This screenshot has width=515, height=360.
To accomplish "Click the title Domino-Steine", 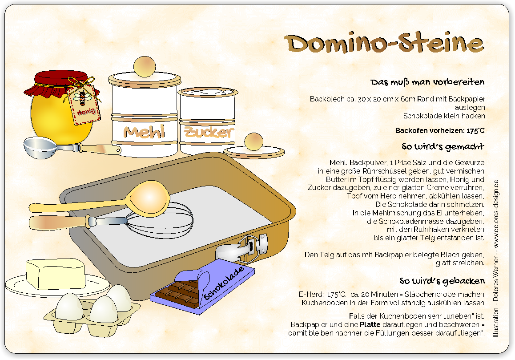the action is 384,43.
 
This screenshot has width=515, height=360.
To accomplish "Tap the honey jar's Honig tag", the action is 84,105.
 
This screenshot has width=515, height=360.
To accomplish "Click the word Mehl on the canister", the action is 144,132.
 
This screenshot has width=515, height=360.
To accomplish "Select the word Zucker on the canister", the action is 209,132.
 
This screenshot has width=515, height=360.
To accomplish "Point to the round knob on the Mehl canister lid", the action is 145,67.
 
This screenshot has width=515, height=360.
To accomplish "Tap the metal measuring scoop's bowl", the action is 40,148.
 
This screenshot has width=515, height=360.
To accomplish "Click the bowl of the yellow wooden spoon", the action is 149,198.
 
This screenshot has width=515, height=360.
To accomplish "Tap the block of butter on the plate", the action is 56,274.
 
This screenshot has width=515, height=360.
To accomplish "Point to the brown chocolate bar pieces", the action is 178,293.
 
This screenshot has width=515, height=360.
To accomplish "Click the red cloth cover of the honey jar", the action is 61,84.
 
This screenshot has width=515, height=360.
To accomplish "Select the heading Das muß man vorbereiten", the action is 428,82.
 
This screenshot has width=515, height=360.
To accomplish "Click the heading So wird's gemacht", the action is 443,147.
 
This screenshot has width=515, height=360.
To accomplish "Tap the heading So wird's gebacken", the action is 442,281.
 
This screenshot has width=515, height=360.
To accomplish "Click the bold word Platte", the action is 370,324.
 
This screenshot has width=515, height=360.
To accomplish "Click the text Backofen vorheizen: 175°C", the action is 440,130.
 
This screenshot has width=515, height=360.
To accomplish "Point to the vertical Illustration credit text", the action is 496,258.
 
